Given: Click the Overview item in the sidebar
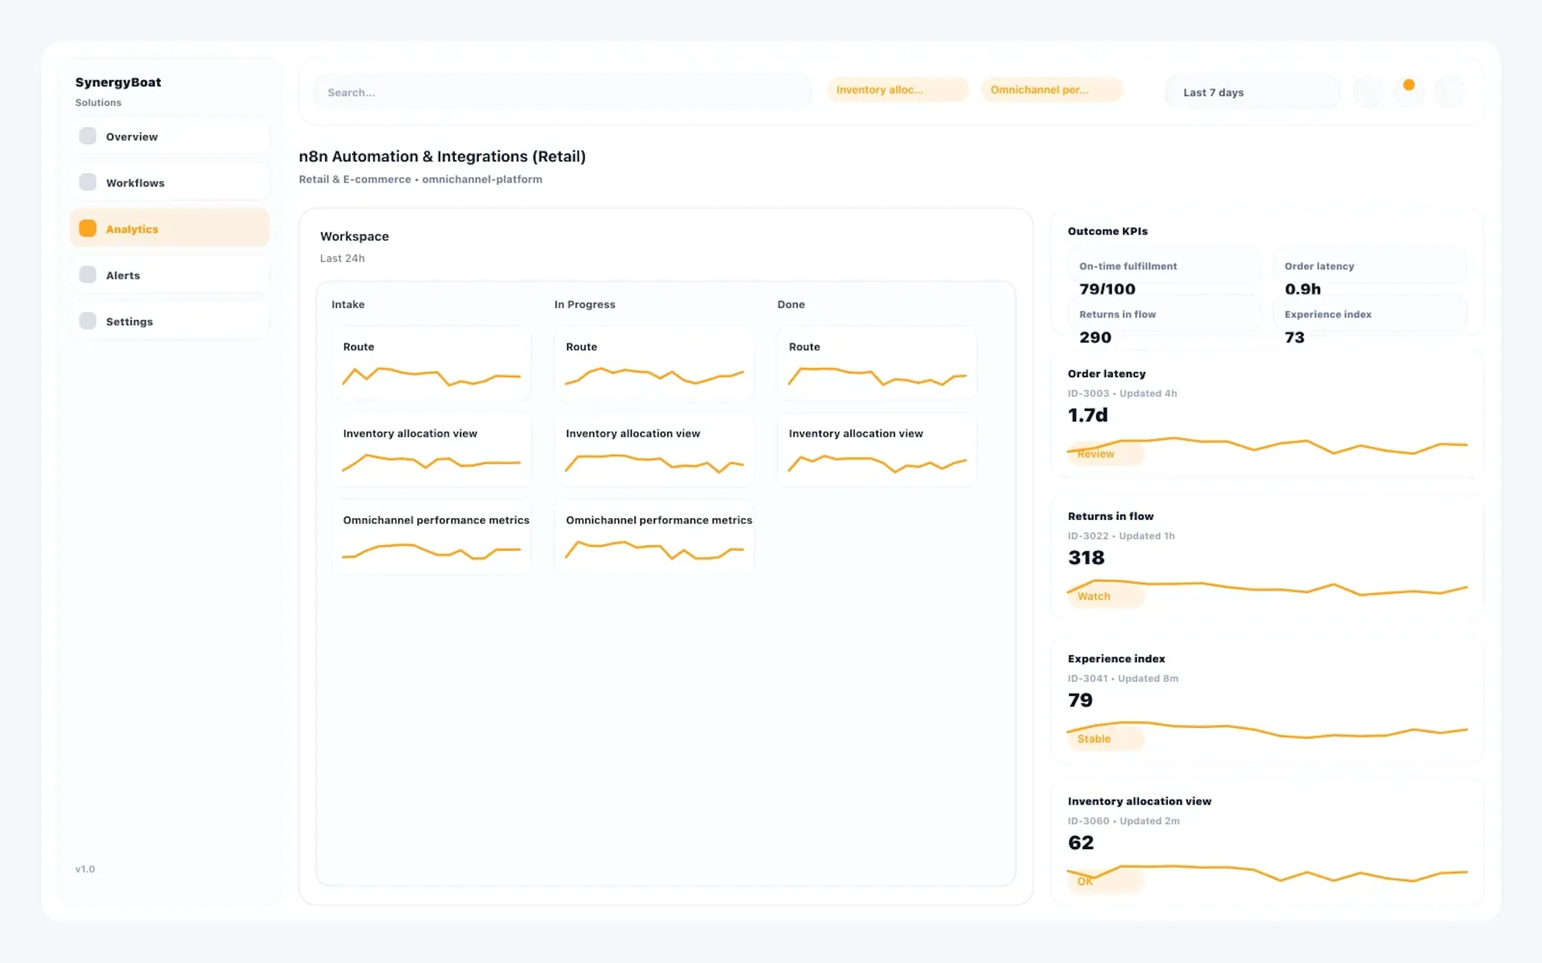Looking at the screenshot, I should (131, 136).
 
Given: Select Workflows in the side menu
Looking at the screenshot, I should (135, 183).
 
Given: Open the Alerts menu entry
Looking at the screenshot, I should (122, 275).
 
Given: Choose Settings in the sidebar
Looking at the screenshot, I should (129, 322).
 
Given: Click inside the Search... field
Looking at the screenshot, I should (561, 92).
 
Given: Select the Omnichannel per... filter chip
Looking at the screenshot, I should (1050, 90).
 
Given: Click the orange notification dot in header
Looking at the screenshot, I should (1409, 85).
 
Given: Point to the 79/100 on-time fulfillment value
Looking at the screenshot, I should (1107, 289).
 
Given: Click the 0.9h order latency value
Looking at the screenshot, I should (1302, 289).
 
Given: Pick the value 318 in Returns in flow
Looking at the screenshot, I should (1086, 558).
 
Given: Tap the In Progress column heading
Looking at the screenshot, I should (584, 305).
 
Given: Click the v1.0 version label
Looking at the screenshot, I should (85, 869).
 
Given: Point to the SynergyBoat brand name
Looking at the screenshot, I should (118, 82).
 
